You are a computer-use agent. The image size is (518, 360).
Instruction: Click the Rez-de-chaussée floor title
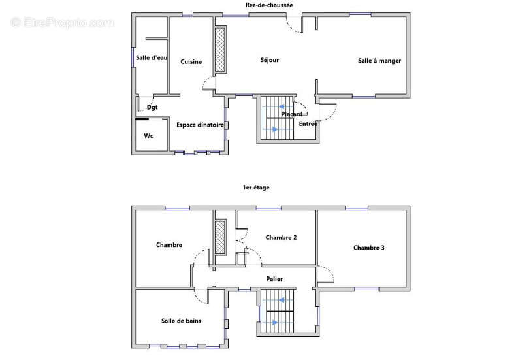[269, 5]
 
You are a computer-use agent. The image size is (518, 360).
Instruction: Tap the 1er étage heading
[256, 188]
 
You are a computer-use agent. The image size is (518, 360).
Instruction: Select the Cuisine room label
[191, 62]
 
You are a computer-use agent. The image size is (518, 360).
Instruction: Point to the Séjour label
[270, 60]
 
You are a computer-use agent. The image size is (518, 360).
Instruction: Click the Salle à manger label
[380, 61]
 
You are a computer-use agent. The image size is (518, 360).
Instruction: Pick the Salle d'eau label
[152, 58]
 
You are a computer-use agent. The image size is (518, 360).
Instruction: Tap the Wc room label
[148, 136]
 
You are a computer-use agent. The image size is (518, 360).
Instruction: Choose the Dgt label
[152, 107]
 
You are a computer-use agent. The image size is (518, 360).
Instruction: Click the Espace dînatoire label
[200, 125]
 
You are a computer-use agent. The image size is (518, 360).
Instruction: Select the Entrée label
[308, 124]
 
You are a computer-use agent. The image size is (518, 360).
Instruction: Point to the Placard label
[291, 114]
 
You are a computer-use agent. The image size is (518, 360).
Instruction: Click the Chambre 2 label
[281, 238]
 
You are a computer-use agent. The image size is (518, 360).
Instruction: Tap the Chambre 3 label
[368, 248]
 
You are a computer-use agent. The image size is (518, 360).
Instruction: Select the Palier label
[274, 279]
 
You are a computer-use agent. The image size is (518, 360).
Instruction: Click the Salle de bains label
[181, 321]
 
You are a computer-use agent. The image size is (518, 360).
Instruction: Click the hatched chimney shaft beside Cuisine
[220, 50]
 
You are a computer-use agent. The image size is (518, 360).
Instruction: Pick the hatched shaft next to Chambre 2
[220, 237]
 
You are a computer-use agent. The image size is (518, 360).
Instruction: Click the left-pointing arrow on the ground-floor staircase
[282, 106]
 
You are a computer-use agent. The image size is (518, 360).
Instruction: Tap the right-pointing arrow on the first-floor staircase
[274, 323]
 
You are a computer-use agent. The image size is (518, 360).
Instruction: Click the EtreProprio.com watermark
[63, 22]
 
